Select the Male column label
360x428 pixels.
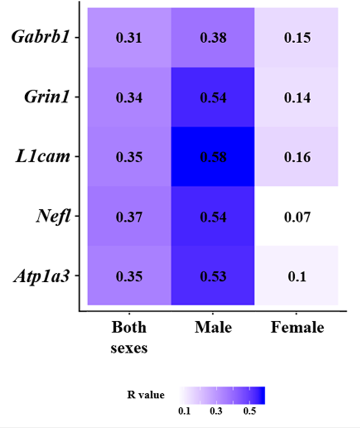pos(213,328)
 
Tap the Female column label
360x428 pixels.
pos(297,328)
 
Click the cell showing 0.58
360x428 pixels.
pos(212,157)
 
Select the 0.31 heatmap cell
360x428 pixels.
pos(129,38)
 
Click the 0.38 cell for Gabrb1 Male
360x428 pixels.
pos(212,38)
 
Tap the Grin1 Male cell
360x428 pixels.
pos(212,97)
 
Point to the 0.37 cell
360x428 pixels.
pos(129,216)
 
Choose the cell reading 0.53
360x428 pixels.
pos(212,276)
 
